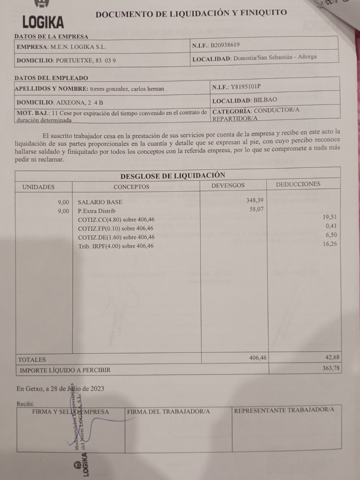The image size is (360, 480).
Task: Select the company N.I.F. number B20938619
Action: tap(225, 45)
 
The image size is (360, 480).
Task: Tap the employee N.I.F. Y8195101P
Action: tap(245, 87)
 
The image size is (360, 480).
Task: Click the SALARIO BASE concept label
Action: tap(100, 202)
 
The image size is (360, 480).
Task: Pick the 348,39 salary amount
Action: tap(255, 200)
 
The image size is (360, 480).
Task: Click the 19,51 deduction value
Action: tap(330, 217)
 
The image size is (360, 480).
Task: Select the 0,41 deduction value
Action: tap(331, 226)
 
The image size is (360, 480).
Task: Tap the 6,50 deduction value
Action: tap(331, 235)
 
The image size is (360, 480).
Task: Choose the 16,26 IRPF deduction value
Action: tap(330, 244)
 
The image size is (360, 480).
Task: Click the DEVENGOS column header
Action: tap(228, 185)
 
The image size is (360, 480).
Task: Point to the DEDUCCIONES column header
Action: tap(298, 184)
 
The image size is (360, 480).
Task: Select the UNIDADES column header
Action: tap(38, 187)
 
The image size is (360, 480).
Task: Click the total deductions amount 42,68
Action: tap(332, 357)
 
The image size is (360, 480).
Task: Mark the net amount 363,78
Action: tap(331, 368)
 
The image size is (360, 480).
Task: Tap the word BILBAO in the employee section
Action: tap(265, 100)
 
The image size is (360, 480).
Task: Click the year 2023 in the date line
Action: tap(97, 388)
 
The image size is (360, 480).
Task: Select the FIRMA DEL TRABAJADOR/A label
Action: tap(168, 412)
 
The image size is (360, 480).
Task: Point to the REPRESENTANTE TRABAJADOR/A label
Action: tap(284, 410)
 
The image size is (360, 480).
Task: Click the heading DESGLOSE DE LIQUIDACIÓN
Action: tap(172, 175)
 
